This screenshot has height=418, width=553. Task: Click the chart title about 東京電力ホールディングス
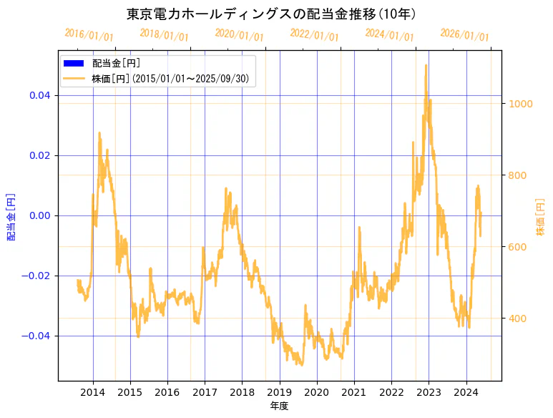click(271, 14)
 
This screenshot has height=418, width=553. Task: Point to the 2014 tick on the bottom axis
click(93, 392)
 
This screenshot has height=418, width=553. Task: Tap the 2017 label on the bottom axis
click(205, 392)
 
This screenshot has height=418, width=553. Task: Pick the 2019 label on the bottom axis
click(280, 392)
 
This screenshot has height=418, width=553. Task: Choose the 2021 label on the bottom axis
click(354, 392)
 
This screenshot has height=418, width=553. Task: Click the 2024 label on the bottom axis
click(466, 392)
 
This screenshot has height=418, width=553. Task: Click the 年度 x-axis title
click(280, 406)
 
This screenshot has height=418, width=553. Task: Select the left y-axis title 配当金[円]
click(11, 216)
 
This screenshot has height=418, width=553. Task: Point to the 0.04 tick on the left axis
click(39, 95)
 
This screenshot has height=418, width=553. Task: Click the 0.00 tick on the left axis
click(39, 215)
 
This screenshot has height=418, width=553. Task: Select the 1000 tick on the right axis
click(521, 104)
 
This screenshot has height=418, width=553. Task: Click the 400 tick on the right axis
click(518, 319)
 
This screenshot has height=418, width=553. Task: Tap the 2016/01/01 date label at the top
click(89, 35)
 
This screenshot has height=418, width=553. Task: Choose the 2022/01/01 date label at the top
click(314, 35)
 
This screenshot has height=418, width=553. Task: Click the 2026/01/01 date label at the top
click(464, 35)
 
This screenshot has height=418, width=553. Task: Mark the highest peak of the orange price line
click(426, 65)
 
